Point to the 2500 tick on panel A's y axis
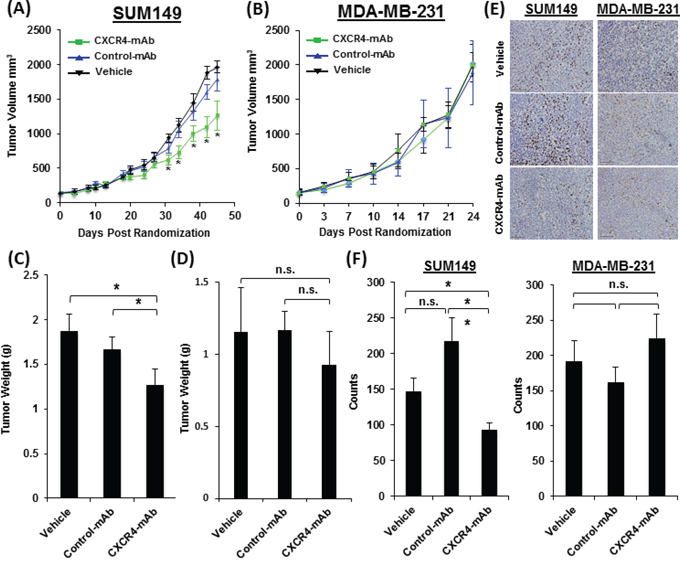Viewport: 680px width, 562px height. tap(40, 30)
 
